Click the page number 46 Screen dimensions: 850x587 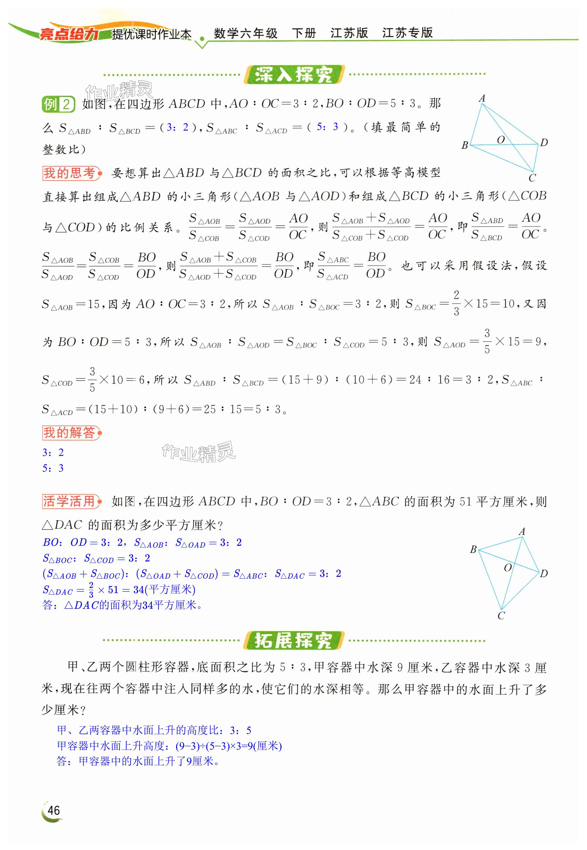[54, 810]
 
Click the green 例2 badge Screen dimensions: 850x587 [58, 104]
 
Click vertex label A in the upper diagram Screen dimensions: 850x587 [482, 99]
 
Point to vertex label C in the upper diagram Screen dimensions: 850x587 [532, 179]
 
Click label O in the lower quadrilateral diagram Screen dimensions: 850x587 [508, 567]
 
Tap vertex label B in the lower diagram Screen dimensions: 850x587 [473, 549]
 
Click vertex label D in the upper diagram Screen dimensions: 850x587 [544, 143]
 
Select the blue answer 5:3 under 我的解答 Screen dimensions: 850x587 [53, 468]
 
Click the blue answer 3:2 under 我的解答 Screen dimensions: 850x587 [53, 452]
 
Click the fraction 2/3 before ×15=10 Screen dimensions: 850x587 [456, 303]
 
